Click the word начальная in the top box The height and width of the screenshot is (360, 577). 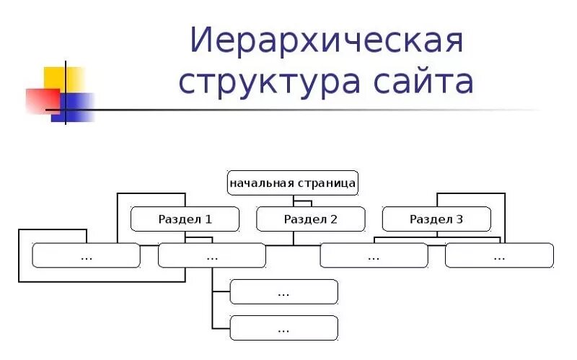click(261, 183)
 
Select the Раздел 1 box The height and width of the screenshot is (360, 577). click(185, 219)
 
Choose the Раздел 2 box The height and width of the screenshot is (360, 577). click(311, 219)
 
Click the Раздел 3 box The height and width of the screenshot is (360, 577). click(436, 219)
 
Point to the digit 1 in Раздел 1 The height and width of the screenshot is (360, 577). click(209, 219)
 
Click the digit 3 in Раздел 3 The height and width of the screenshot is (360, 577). click(460, 219)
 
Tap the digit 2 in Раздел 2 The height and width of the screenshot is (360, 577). click(334, 219)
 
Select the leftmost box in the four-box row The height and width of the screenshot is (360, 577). click(87, 255)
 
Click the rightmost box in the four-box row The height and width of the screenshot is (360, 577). click(499, 255)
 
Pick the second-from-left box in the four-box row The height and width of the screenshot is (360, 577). click(212, 255)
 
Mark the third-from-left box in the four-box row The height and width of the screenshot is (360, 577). click(374, 255)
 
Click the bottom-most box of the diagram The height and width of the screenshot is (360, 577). click(283, 328)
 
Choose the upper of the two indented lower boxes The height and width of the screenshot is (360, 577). click(283, 292)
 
